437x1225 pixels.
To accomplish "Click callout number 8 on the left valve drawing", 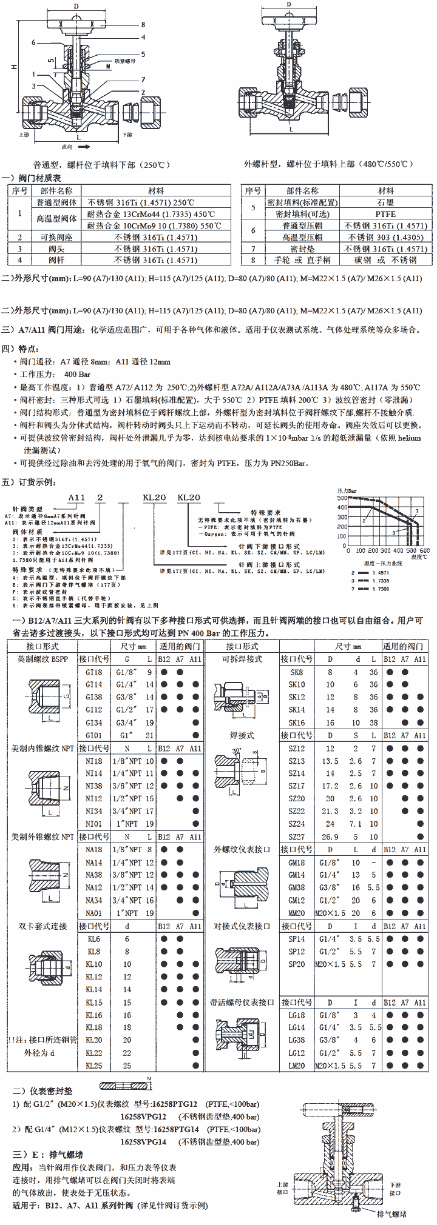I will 143,25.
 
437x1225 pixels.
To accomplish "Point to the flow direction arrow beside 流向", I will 84,147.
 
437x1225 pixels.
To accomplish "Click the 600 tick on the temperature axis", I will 424,551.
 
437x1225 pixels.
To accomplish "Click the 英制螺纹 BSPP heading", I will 42,659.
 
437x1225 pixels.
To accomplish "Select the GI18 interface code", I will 94,672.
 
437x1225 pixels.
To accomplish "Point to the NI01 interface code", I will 94,824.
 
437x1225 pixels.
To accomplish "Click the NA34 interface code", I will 94,900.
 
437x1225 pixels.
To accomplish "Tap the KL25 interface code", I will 94,1066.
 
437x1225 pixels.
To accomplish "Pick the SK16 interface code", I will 297,723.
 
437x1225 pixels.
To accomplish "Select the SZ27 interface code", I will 297,836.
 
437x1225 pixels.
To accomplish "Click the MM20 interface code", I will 297,913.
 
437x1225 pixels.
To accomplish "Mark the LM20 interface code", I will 297,1066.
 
